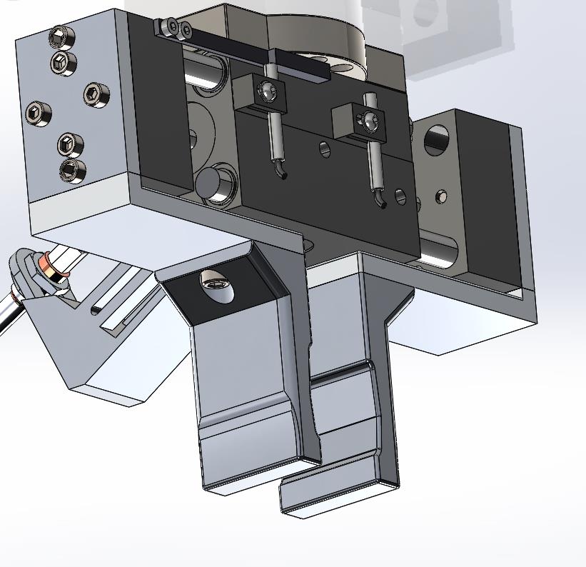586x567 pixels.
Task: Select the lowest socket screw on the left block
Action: click(72, 171)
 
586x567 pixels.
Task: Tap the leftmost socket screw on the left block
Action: click(38, 113)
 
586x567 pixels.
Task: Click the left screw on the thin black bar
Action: click(170, 27)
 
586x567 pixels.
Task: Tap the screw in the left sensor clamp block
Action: click(268, 91)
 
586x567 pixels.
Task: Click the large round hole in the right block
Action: click(436, 141)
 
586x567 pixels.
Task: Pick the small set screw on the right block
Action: click(442, 196)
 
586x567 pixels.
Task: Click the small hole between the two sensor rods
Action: click(325, 149)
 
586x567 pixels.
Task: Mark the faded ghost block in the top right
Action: click(457, 29)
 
